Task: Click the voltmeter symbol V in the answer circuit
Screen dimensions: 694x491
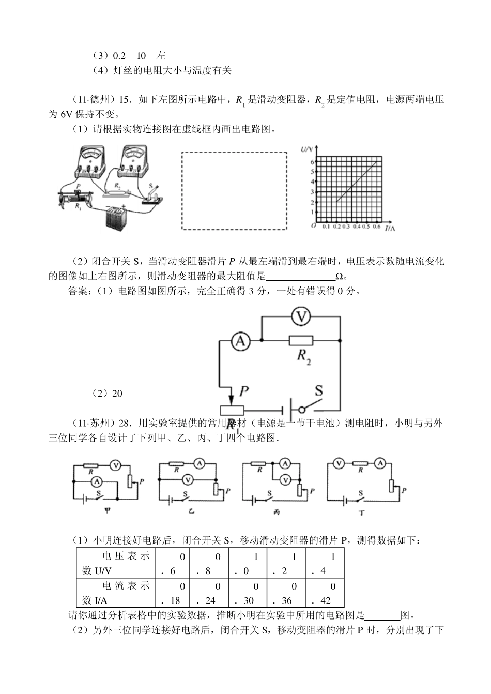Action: [x=300, y=316]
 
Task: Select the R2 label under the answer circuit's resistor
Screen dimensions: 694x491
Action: [x=303, y=357]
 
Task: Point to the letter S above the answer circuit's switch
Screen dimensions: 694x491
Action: [x=319, y=390]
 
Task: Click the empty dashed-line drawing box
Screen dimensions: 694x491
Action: [x=234, y=191]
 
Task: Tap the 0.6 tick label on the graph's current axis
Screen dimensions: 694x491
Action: [x=376, y=227]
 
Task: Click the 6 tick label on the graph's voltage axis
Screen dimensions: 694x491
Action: [x=312, y=162]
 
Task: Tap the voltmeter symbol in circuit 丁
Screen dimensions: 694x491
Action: [x=339, y=463]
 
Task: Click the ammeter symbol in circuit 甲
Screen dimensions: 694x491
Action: [x=96, y=481]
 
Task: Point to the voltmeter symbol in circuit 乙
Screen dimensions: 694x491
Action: [x=188, y=480]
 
